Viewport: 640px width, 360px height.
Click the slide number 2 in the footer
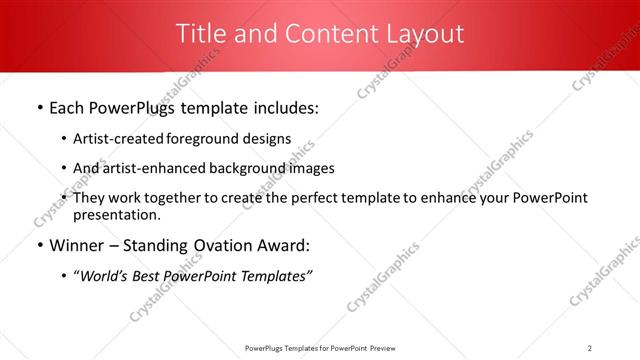590,347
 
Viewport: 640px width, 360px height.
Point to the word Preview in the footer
386,347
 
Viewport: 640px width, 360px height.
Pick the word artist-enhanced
146,168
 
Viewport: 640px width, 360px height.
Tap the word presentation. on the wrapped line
117,214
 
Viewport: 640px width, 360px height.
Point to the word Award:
285,246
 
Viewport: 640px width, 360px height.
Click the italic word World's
104,276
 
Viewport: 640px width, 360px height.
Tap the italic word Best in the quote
154,276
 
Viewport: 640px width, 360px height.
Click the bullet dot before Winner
38,246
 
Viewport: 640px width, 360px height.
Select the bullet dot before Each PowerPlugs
38,108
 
